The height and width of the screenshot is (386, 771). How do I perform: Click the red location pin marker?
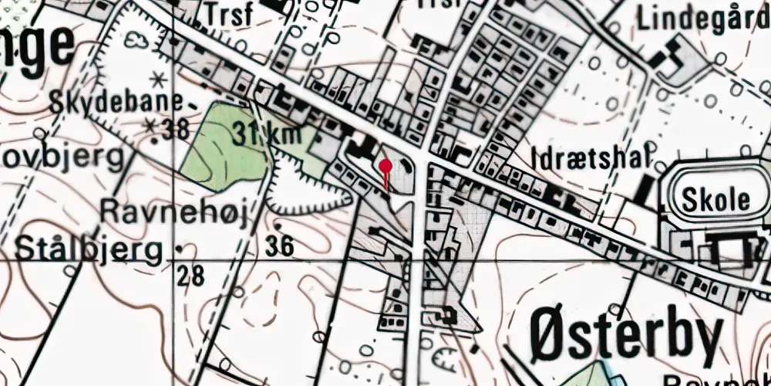(x=385, y=165)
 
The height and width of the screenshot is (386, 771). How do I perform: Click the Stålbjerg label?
(x=89, y=249)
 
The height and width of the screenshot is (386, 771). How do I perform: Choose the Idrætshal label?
(x=587, y=158)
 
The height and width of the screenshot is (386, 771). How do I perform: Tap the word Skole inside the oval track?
(x=716, y=199)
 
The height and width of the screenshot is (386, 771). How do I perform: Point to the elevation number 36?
(x=279, y=246)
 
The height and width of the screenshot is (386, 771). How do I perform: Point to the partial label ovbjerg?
(x=62, y=157)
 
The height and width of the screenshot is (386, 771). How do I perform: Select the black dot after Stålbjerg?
(x=179, y=249)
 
